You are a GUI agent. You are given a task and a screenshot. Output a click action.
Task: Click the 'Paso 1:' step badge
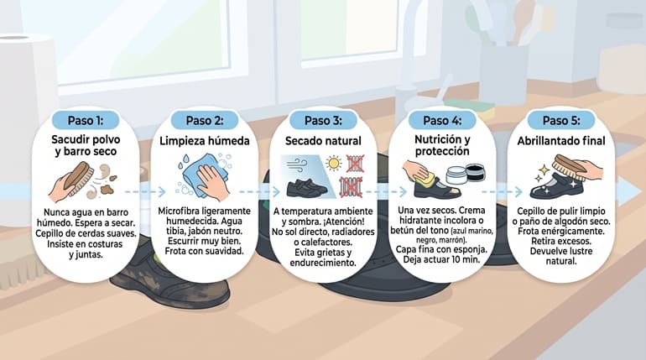[86, 121]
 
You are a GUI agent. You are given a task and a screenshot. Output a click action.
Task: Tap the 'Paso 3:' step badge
[323, 121]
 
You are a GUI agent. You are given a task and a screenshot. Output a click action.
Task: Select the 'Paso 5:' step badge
[561, 121]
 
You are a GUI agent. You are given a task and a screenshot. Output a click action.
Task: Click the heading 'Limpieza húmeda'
[205, 141]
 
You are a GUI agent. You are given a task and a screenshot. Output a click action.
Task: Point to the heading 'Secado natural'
[323, 141]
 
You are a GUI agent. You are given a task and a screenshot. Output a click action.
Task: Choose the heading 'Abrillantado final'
[561, 141]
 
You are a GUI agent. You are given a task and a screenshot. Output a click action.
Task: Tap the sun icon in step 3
[333, 163]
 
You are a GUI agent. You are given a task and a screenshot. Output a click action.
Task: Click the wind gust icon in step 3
[297, 165]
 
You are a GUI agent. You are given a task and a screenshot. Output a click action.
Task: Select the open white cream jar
[457, 175]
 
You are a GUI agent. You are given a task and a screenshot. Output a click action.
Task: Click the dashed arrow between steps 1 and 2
[145, 191]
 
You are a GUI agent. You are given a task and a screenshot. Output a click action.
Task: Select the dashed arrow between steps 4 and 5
[502, 191]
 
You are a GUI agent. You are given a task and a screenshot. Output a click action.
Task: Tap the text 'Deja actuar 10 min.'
[441, 259]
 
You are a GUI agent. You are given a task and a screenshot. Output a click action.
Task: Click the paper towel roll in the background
[27, 78]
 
